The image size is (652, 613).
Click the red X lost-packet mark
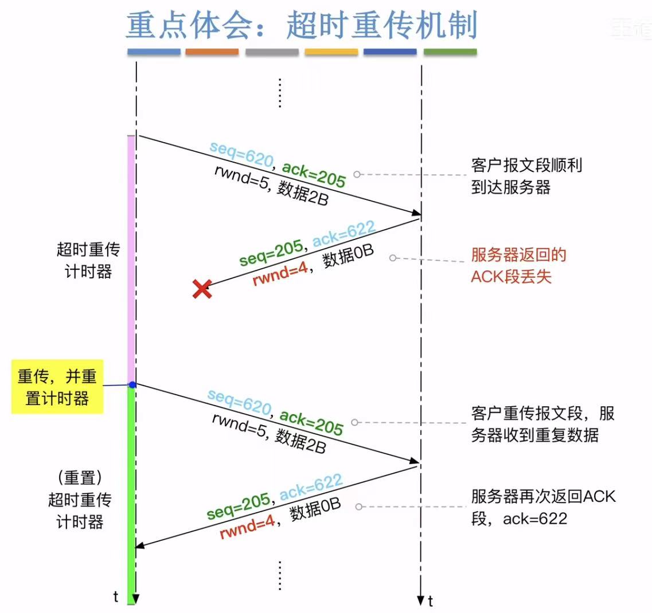pos(202,289)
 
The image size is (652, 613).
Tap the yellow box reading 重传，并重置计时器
pos(57,387)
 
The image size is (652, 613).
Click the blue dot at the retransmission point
pos(132,384)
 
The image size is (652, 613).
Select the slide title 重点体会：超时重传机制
pos(302,25)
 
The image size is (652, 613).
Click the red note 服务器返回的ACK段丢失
pos(518,265)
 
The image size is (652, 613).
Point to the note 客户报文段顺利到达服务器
pos(526,176)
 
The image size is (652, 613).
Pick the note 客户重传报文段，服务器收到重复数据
pos(542,424)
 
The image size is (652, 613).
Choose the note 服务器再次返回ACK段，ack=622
pos(543,507)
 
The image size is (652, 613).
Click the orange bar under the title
pos(212,52)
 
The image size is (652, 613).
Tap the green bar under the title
pos(450,52)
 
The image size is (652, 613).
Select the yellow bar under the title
pos(331,52)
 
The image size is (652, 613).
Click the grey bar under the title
pos(272,52)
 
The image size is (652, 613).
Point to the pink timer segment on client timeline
pos(131,258)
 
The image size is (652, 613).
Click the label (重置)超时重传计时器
pos(80,500)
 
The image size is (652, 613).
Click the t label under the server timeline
pos(431,602)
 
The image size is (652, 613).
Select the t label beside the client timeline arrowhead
pos(116,597)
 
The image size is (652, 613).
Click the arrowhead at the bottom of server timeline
pos(421,600)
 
